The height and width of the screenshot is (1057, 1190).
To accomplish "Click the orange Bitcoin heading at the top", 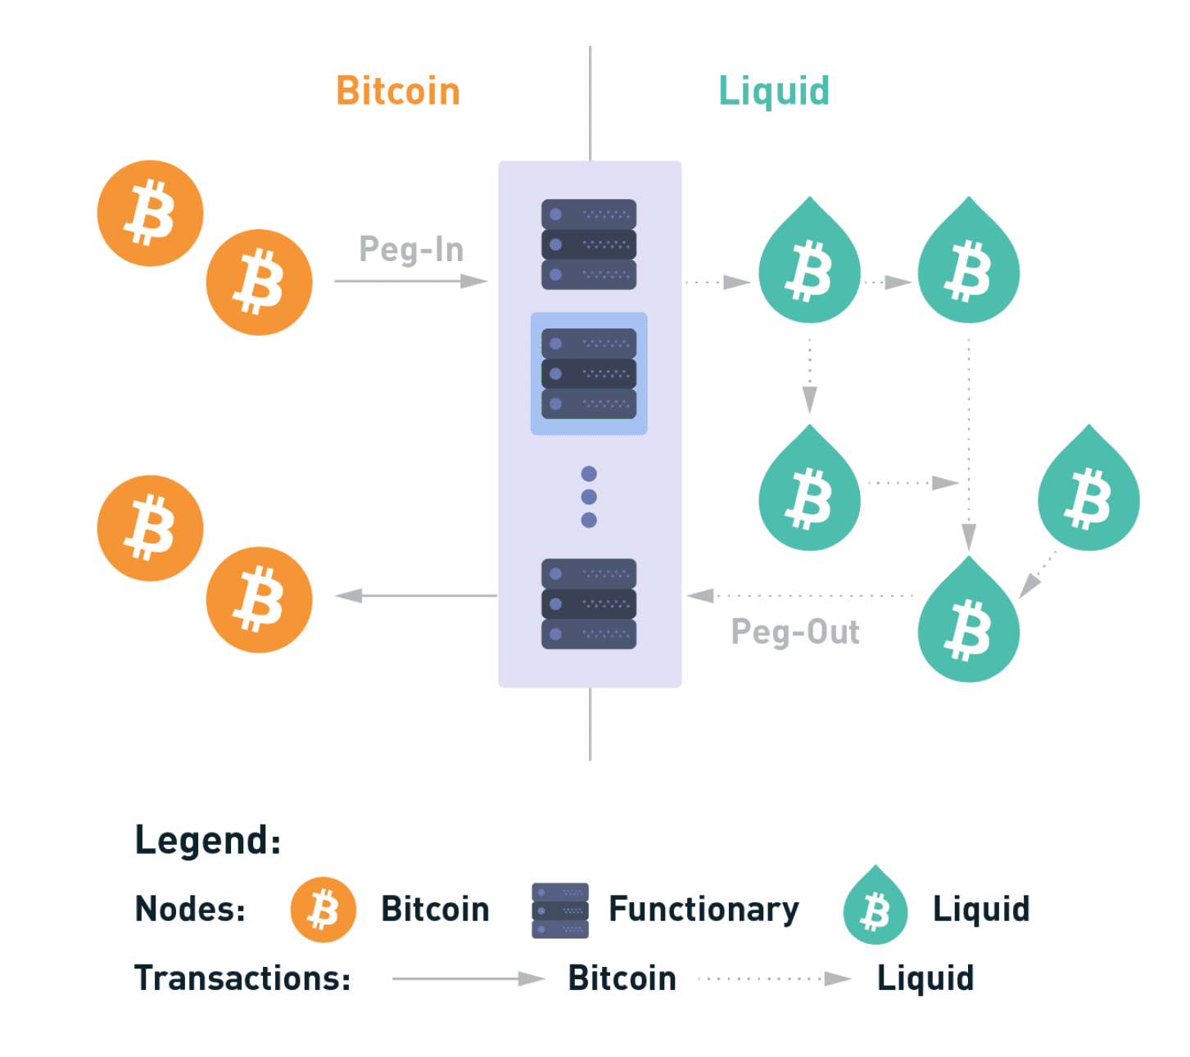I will click(398, 91).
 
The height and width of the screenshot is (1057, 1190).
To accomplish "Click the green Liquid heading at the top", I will click(774, 91).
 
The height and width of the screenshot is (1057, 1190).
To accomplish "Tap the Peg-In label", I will click(411, 249).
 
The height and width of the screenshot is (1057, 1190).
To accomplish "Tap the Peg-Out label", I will click(795, 632).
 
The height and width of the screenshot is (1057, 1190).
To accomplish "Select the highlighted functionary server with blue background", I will click(589, 373).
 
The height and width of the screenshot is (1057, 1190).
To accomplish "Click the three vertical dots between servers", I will click(589, 497).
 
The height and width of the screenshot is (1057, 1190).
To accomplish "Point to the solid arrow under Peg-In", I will click(411, 282).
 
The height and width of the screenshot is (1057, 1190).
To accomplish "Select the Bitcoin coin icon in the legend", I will click(324, 910).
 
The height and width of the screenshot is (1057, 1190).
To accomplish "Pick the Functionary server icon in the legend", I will click(560, 910).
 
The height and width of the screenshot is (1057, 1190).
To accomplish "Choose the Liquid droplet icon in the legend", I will click(876, 907).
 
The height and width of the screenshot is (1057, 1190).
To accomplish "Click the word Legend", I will click(208, 840).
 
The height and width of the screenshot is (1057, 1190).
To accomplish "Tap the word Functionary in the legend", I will click(704, 910).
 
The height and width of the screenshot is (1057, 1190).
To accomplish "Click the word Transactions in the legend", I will click(242, 978).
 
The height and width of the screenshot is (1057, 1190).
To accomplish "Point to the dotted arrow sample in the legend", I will click(775, 978).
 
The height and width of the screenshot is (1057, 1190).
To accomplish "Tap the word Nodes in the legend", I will click(190, 910).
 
